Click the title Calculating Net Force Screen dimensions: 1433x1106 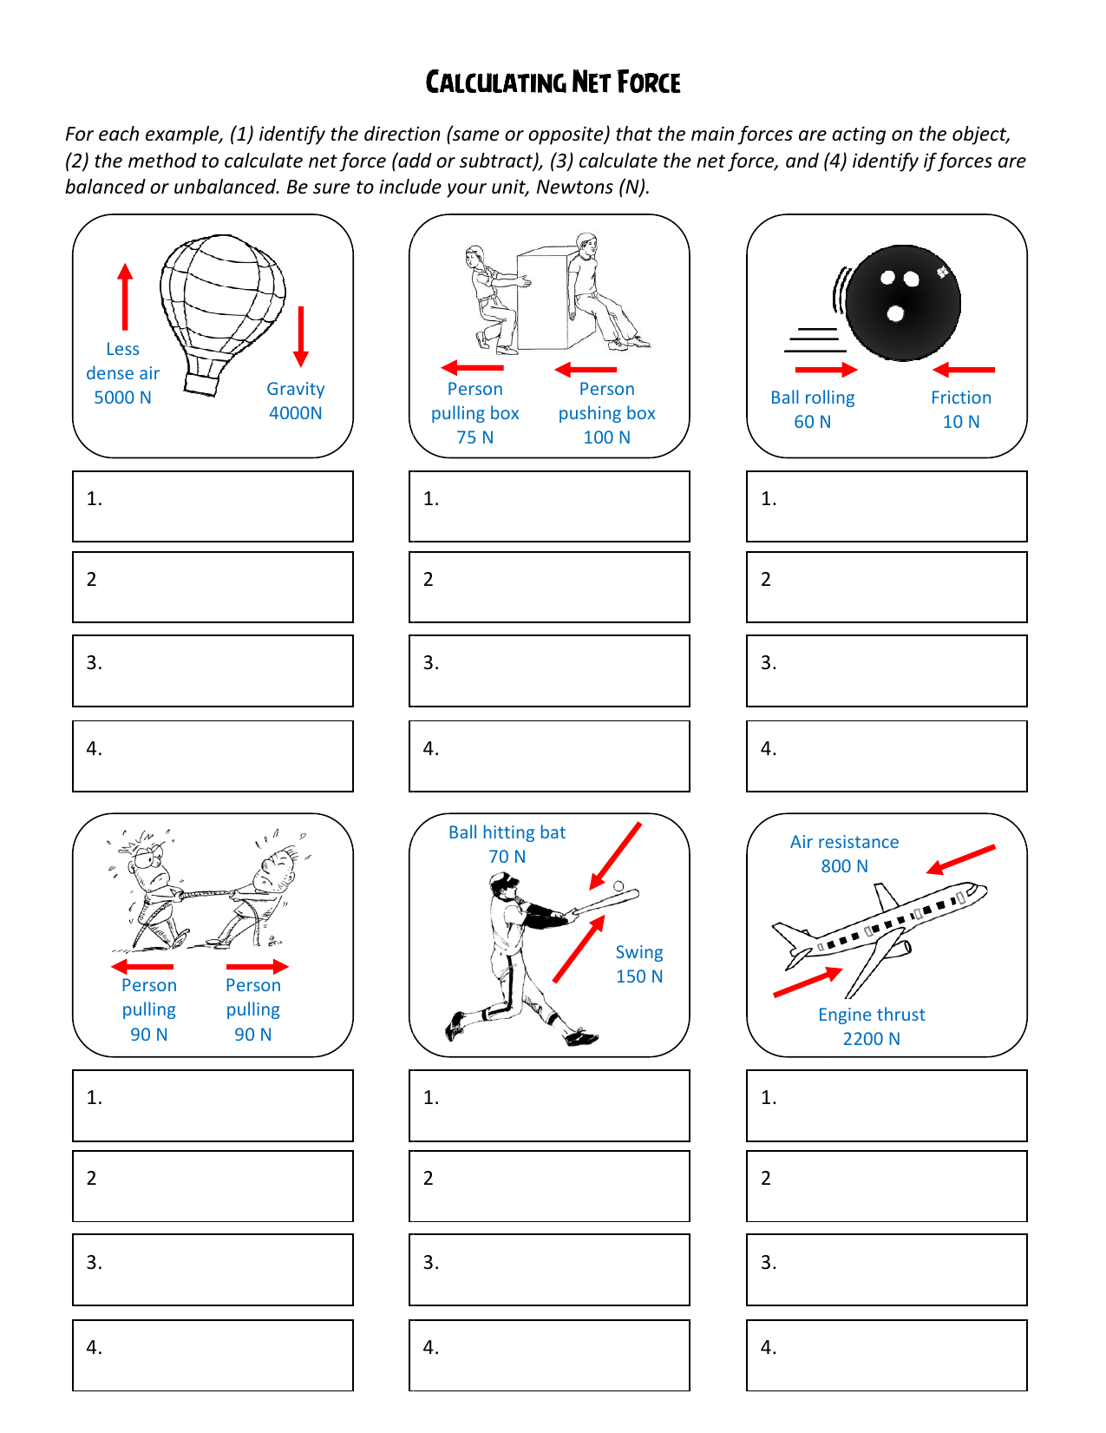553,82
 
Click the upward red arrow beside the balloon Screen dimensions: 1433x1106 126,296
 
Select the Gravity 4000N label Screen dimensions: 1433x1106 296,401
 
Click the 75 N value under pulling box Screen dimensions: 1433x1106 474,437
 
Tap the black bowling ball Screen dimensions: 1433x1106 903,302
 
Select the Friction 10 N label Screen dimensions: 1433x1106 961,409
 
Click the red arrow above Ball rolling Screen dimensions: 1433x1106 825,370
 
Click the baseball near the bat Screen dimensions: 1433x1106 618,886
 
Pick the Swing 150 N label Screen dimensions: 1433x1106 639,964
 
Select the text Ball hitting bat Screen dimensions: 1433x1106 507,832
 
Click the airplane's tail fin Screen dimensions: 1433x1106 886,897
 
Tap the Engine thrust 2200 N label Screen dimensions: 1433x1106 871,1026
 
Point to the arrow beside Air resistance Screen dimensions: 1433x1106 960,859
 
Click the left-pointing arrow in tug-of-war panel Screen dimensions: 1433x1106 142,966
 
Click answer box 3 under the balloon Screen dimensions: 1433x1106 213,670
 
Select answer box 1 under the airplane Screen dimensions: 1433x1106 887,1105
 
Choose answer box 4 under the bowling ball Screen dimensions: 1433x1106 887,755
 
